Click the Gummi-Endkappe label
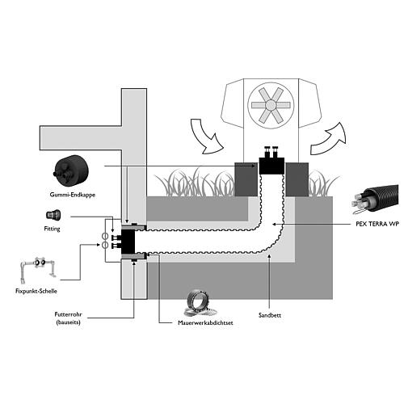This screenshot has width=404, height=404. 73,195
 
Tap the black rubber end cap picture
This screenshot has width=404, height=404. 71,170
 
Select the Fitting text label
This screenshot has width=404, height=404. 52,229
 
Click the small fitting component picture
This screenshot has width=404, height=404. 53,215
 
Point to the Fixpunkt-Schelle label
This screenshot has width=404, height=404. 36,291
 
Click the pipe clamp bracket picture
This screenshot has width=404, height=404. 38,268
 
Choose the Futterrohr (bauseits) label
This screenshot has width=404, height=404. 68,318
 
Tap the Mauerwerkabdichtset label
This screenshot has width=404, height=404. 205,322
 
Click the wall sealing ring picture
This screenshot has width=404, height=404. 200,303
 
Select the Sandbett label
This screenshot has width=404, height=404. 270,315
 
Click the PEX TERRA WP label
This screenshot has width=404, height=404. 377,224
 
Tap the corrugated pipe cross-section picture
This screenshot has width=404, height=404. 375,200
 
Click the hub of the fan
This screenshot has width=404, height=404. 271,105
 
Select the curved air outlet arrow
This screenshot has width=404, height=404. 329,140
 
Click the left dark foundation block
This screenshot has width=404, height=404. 246,179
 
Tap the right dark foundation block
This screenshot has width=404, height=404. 297,179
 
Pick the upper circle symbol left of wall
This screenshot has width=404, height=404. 105,237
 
